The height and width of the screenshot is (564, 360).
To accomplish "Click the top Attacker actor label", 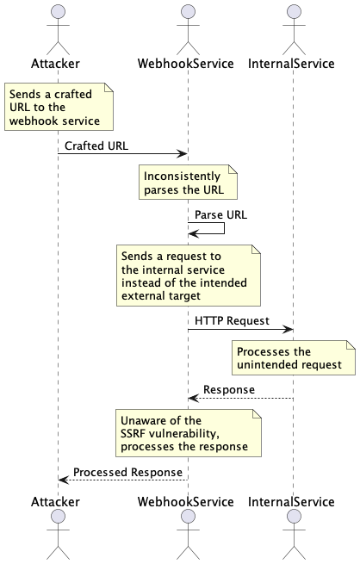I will tap(58, 64).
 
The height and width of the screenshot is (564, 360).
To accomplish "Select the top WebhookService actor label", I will tap(187, 64).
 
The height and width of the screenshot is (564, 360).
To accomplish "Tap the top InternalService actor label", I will tap(291, 64).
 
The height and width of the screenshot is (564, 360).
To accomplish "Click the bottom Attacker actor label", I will tap(58, 501).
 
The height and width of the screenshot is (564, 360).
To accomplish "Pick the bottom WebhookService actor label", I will tap(187, 501).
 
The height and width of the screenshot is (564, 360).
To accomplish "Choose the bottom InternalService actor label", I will tap(291, 501).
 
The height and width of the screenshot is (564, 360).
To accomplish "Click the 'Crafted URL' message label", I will tap(96, 146).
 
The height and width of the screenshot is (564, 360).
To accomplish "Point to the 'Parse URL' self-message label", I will tap(220, 214).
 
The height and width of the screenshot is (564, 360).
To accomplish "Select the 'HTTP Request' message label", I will tap(232, 320).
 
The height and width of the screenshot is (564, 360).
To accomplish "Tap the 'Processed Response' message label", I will tap(127, 472).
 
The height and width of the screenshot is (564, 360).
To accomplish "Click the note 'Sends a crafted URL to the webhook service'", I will tap(59, 108).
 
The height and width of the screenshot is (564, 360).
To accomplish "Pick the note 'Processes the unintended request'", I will tap(293, 358).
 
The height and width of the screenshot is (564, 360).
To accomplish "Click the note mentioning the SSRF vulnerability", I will tap(189, 433).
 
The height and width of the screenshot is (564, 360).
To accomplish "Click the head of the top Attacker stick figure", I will tap(58, 11).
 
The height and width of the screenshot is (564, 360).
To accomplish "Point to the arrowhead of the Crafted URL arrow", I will tap(183, 153).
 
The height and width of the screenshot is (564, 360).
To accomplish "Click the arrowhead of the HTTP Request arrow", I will tap(289, 329).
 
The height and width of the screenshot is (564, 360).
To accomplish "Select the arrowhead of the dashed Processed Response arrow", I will tap(62, 480).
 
